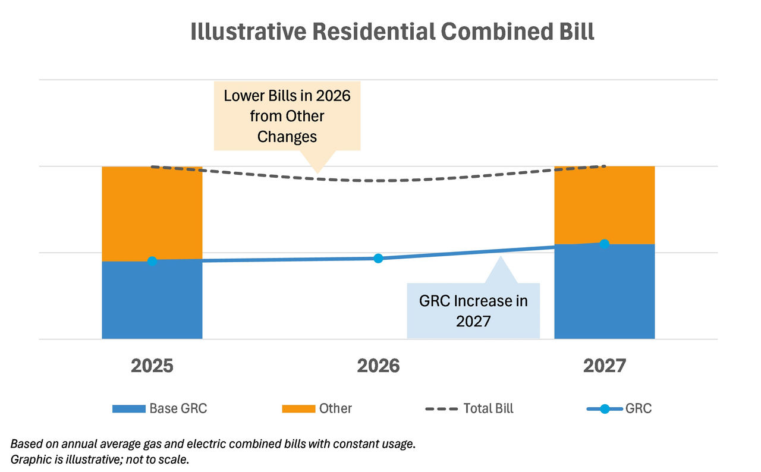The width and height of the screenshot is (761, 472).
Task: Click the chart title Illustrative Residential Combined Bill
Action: (392, 32)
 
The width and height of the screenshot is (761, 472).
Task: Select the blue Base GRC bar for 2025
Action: (152, 300)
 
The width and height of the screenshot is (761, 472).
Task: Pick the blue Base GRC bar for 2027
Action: (604, 292)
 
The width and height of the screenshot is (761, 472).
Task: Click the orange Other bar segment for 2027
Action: (604, 204)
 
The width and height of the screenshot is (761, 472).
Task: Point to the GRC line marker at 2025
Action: (152, 261)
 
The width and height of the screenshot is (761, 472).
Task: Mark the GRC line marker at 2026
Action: (378, 258)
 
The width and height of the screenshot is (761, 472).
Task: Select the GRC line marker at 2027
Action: (604, 244)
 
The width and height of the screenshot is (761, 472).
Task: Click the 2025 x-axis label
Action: (152, 366)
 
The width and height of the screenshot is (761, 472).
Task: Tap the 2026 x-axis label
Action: (378, 366)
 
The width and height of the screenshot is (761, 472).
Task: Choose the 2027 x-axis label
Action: (604, 366)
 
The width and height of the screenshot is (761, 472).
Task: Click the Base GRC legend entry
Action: (160, 408)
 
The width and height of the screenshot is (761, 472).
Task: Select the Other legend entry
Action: (317, 408)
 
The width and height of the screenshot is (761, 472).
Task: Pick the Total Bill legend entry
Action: (470, 408)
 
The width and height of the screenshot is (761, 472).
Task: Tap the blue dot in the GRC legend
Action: (605, 408)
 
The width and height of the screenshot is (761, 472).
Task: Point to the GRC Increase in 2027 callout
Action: (473, 310)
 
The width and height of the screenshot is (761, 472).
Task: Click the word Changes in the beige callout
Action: (287, 136)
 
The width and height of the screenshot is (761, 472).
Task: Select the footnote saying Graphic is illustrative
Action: (100, 460)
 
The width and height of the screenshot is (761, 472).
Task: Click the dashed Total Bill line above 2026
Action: (378, 181)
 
